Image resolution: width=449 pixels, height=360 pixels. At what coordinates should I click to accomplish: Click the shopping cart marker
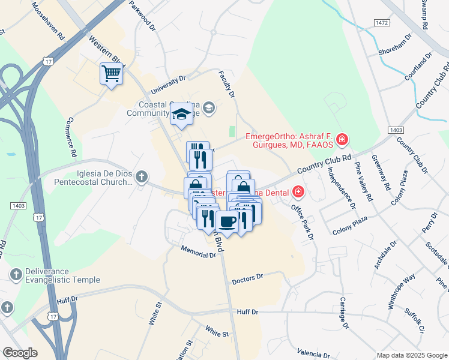[x=111, y=74]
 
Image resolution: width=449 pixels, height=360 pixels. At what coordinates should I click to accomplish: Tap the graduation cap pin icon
[x=180, y=114]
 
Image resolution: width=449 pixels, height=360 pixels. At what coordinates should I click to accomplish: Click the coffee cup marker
[x=228, y=222]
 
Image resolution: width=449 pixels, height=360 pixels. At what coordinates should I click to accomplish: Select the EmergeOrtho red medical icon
[x=342, y=140]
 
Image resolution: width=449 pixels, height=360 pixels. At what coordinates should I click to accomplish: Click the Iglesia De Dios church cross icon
[x=141, y=176]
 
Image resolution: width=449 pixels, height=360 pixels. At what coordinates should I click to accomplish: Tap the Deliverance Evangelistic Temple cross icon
[x=16, y=274]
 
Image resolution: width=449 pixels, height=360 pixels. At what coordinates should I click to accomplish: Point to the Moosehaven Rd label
[x=48, y=20]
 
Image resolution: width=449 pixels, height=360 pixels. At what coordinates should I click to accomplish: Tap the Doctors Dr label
[x=247, y=277]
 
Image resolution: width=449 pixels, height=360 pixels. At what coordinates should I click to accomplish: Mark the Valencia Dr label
[x=314, y=354]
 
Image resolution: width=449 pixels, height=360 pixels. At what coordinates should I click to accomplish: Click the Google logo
[x=20, y=353]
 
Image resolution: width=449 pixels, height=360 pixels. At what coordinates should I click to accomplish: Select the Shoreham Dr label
[x=395, y=44]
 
